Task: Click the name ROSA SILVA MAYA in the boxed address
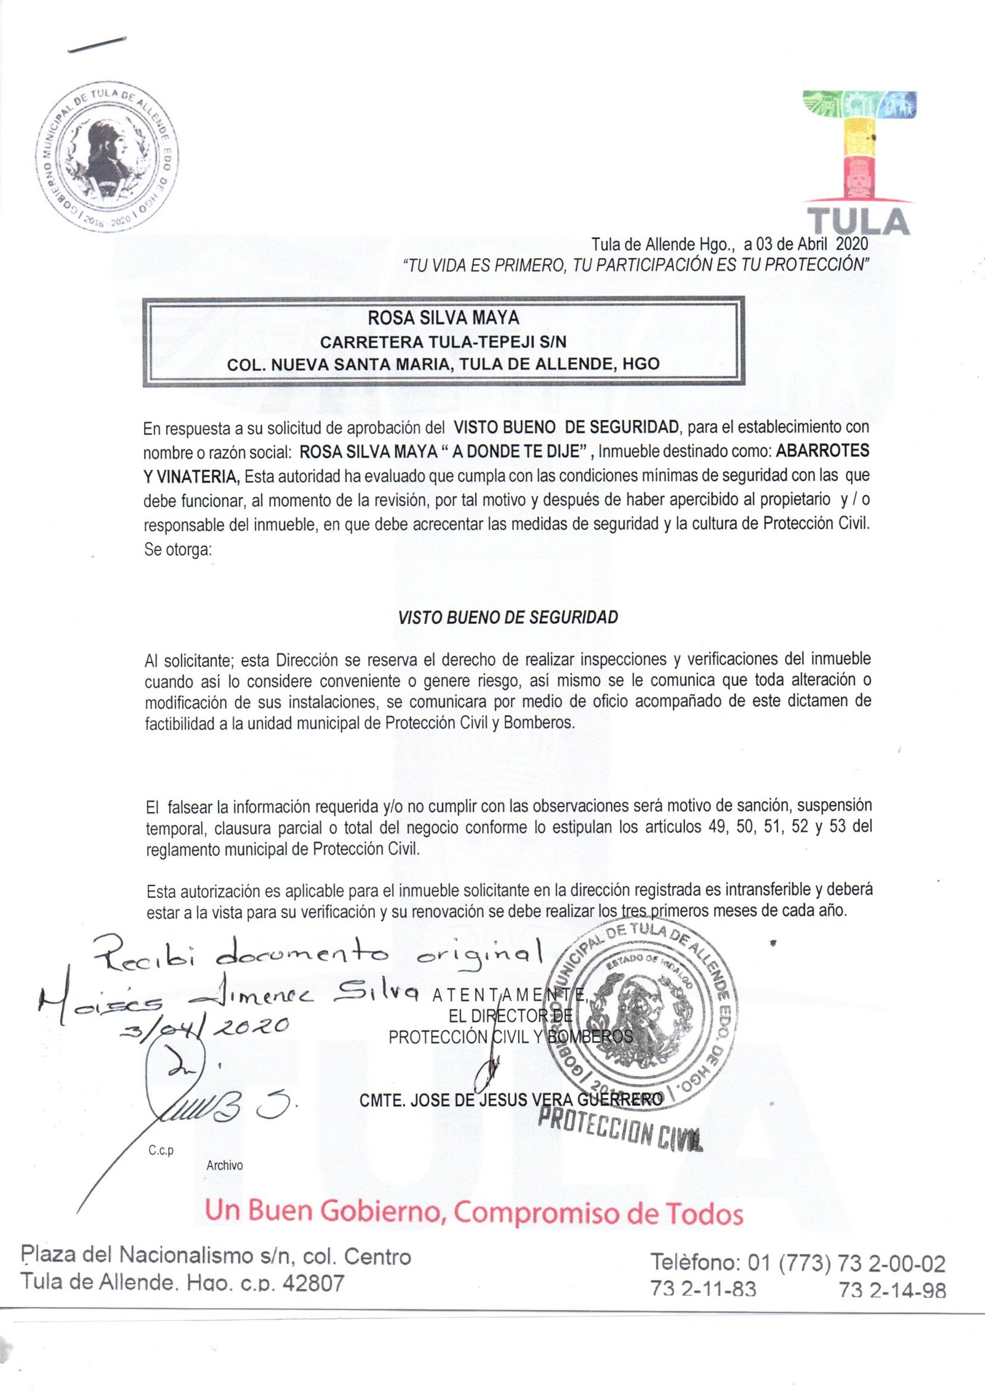[x=443, y=318]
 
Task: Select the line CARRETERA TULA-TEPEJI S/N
[x=443, y=341]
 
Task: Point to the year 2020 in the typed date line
[x=851, y=244]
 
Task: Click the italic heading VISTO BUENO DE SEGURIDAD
[x=508, y=618]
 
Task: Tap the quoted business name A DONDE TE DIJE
[x=518, y=451]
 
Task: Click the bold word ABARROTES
[x=822, y=451]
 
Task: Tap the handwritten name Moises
[x=98, y=1000]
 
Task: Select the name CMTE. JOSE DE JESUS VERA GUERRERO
[x=511, y=1099]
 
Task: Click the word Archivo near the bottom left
[x=225, y=1165]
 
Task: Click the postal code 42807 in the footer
[x=313, y=1282]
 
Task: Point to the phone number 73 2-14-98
[x=892, y=1290]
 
